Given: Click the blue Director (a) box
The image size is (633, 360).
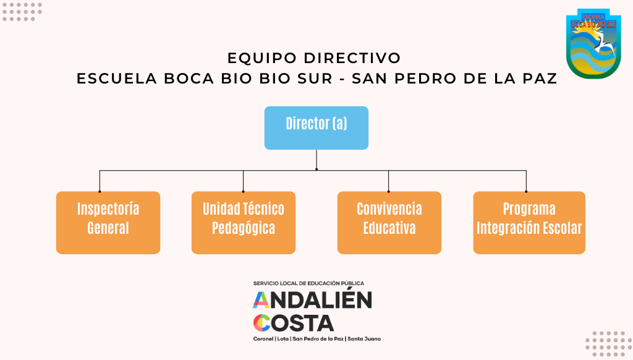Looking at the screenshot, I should tap(316, 127).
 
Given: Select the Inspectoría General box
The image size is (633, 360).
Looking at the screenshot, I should tap(108, 222).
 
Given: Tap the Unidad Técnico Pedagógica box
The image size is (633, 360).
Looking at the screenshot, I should tap(243, 222).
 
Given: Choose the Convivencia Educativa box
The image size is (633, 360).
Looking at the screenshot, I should tap(389, 222).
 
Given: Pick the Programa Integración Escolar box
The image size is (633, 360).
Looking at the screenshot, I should tap(529, 222).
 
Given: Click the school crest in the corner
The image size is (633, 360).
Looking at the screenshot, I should tap(593, 43).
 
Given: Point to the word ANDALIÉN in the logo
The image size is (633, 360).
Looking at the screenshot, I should tap(312, 300).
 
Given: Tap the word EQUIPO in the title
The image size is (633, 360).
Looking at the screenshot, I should tap(262, 58).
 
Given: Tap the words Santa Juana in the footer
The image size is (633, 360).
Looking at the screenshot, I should tap(365, 339).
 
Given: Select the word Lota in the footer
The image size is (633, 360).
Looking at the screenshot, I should tap(283, 339).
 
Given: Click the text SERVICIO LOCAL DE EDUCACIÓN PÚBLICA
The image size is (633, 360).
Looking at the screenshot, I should tap(308, 283).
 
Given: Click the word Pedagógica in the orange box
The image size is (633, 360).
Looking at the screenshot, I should tap(243, 228).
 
